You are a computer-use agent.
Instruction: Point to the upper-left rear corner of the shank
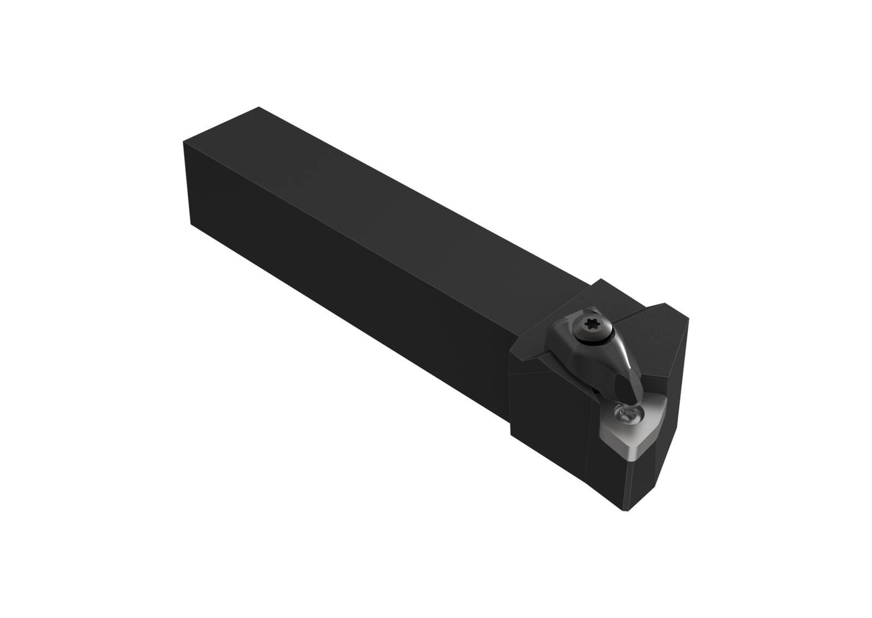coord(183,143)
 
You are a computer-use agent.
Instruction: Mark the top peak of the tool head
coord(601,280)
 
